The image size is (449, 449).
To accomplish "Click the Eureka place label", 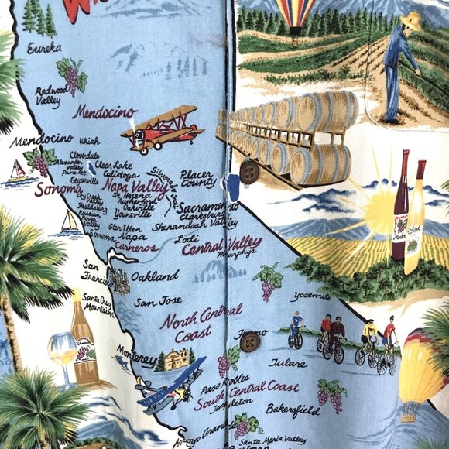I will [43, 49].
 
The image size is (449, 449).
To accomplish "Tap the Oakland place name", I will [155, 275].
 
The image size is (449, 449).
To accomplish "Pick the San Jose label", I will [157, 301].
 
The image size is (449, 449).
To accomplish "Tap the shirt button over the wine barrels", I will [249, 172].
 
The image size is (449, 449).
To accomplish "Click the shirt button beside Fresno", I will [249, 342].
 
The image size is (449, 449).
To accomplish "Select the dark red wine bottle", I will [400, 205].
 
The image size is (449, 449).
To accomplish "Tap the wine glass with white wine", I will [63, 350].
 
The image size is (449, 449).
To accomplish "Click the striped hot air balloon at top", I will [297, 17].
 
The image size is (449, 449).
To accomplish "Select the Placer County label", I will [197, 179].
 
